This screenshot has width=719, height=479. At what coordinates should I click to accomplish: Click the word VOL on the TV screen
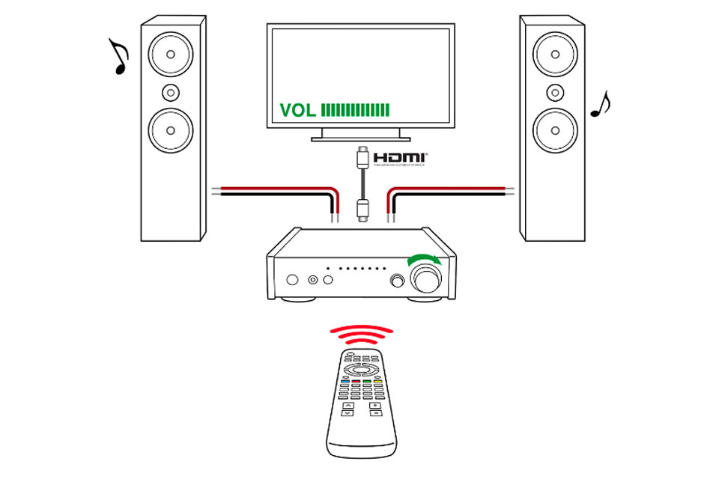pos(297,110)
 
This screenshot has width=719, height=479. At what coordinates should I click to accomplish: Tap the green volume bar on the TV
pos(356,110)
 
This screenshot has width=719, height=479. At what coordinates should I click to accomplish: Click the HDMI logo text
pos(400,158)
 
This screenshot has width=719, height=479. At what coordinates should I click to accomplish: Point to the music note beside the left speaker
pos(119,58)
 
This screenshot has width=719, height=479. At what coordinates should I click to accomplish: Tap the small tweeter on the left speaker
pos(172,92)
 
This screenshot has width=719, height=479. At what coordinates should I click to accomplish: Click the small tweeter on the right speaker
pos(555,92)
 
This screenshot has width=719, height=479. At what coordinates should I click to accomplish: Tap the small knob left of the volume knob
pos(397,281)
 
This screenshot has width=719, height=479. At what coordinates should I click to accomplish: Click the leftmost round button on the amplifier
pos(293,280)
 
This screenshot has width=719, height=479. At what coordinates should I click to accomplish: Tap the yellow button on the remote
pos(379,381)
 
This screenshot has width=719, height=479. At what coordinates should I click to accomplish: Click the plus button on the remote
pos(375,406)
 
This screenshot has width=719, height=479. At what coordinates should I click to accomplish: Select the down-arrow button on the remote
pos(348,413)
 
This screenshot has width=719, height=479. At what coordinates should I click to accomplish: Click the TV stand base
pos(360,138)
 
